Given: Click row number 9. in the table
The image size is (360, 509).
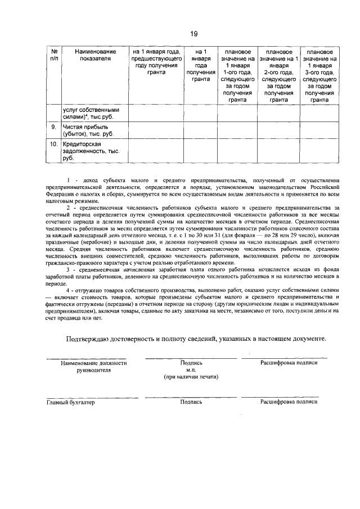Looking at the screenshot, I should point(53,128).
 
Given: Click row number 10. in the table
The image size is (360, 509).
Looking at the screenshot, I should point(53,144).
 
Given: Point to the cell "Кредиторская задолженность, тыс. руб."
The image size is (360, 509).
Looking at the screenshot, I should point(90,151).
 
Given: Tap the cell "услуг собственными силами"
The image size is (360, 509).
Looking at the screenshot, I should point(91,113).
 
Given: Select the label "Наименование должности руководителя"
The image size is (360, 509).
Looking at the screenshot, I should point(94,367).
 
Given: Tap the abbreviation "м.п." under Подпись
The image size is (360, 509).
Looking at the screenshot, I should point(191,371).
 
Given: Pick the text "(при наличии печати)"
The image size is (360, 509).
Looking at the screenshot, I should point(191,379).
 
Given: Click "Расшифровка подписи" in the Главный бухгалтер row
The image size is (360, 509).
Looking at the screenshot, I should point(289,402).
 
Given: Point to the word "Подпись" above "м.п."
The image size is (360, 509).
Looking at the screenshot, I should point(191,363).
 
